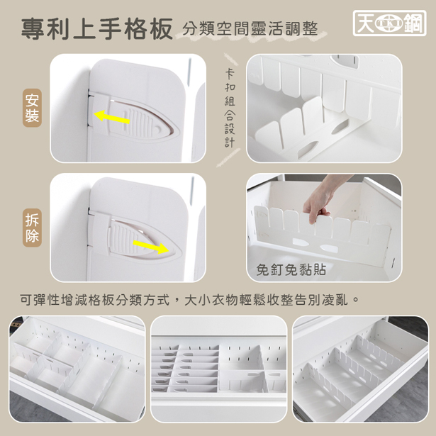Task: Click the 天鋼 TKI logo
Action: (x=389, y=23)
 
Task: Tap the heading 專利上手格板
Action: (x=97, y=29)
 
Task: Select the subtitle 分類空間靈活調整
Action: (x=250, y=28)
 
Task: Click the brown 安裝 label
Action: (x=32, y=108)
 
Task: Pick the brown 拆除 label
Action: (x=32, y=228)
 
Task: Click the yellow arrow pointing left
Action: (x=112, y=117)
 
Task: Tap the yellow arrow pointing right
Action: (x=151, y=247)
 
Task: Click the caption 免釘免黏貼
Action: (x=291, y=269)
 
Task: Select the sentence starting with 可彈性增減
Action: (x=189, y=300)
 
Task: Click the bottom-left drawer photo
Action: (x=77, y=369)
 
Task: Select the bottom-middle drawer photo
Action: (x=218, y=369)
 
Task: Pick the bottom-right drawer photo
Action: (x=360, y=369)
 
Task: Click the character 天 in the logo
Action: (x=365, y=23)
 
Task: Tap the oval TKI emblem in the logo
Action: (x=389, y=23)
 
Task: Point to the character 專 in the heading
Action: (x=32, y=29)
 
